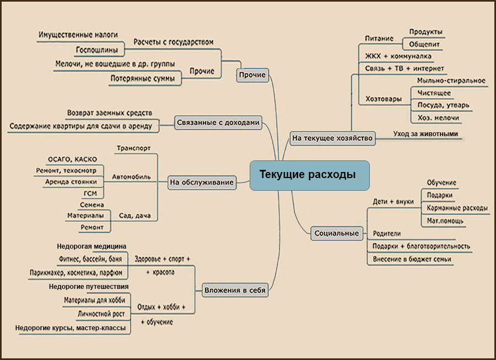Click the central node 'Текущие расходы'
309,175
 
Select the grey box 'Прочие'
252,75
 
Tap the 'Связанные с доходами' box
218,123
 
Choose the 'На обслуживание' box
202,182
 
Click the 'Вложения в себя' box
235,290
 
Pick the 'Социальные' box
337,233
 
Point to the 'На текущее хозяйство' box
332,138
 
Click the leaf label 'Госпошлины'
97,50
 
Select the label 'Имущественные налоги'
78,35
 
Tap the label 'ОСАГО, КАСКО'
72,159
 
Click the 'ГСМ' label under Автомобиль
90,194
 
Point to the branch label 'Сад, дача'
135,216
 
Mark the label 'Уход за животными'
425,134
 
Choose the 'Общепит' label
424,44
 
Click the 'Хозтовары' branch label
384,99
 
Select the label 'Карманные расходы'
457,208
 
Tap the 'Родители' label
386,234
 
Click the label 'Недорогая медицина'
91,246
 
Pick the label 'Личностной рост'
101,314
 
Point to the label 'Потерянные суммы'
143,78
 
